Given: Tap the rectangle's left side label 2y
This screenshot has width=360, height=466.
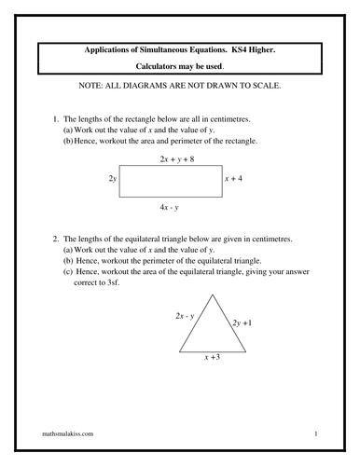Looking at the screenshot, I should pos(113,177).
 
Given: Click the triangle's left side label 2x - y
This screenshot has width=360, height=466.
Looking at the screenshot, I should pos(184,317).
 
